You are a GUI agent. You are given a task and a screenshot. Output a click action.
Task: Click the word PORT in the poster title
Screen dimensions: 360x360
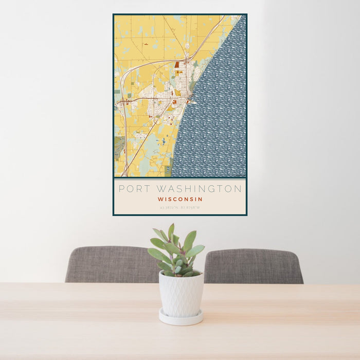point(131,189)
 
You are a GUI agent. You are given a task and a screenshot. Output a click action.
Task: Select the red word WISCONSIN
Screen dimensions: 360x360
point(180,199)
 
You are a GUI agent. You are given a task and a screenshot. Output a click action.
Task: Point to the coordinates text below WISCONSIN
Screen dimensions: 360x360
point(180,207)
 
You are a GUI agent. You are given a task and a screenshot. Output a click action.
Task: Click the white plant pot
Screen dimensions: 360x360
point(181,294)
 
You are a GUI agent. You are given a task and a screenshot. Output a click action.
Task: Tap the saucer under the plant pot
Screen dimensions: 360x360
point(180,318)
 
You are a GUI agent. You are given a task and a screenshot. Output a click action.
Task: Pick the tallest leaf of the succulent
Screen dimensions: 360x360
point(171,232)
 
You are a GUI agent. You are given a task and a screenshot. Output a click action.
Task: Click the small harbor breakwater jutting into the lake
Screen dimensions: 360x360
point(193,102)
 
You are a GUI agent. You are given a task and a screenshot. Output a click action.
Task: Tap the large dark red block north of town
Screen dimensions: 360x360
point(177,65)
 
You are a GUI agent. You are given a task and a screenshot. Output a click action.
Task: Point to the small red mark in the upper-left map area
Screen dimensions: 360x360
point(146,44)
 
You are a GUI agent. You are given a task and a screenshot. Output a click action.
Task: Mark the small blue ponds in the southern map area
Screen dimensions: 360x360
point(164,140)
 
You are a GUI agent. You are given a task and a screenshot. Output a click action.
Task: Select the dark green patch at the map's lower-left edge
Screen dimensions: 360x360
point(119,147)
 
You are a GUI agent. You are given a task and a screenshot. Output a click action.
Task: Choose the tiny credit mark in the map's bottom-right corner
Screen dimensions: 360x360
point(242,176)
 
